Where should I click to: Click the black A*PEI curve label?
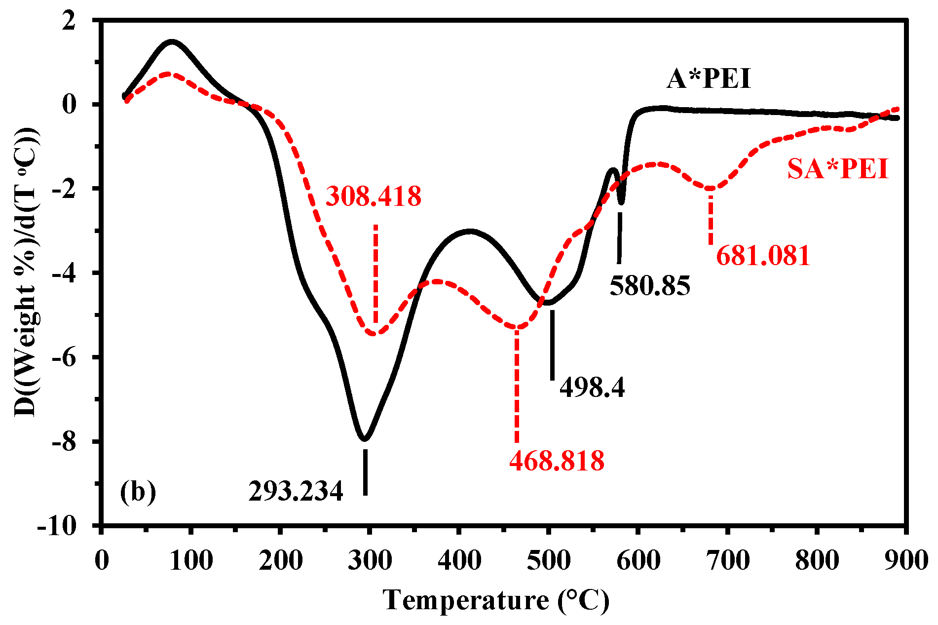[x=709, y=79]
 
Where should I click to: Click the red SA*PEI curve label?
[x=837, y=169]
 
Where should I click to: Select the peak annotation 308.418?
[x=374, y=196]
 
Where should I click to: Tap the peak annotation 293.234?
[x=296, y=491]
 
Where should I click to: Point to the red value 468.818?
[x=557, y=461]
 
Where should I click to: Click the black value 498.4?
[x=592, y=388]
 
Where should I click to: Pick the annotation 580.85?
[x=650, y=286]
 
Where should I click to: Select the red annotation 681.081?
[x=763, y=256]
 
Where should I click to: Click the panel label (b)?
[x=138, y=492]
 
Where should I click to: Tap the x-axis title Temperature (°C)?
[x=496, y=601]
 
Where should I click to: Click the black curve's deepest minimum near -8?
[x=364, y=438]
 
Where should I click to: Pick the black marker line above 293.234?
[x=365, y=472]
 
